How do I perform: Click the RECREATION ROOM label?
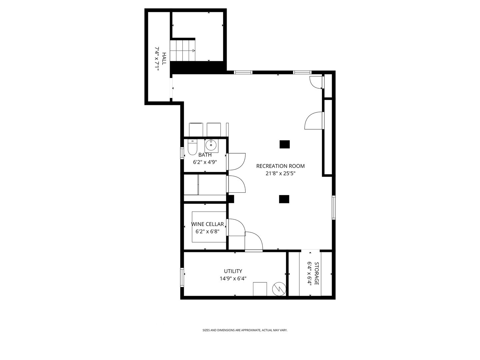click(x=280, y=166)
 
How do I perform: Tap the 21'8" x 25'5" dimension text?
click(x=280, y=173)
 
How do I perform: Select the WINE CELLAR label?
click(x=207, y=224)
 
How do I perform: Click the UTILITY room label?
click(x=233, y=271)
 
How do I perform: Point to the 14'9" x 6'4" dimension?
click(x=233, y=279)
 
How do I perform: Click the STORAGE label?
click(x=317, y=273)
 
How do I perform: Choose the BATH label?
click(x=205, y=155)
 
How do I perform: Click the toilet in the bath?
click(x=192, y=147)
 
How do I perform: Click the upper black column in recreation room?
click(x=284, y=144)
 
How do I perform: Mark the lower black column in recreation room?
click(x=284, y=199)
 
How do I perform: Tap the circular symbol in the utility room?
click(x=279, y=289)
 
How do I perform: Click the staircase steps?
click(x=182, y=51)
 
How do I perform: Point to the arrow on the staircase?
click(x=193, y=51)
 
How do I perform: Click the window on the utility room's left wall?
click(x=182, y=277)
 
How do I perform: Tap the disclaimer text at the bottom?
click(x=245, y=330)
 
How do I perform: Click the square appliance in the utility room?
click(x=260, y=289)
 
